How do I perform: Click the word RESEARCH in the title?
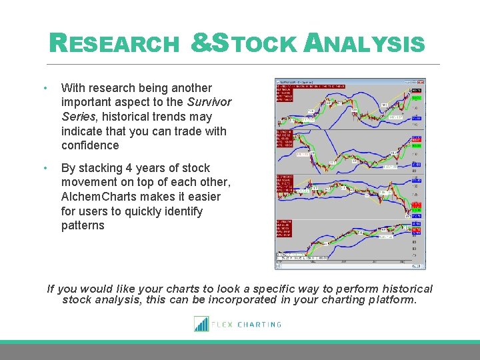pos(115,44)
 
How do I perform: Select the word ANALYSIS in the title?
pos(364,44)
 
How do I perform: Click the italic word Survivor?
pos(209,102)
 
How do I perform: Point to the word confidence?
pos(90,145)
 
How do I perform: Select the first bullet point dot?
pos(44,88)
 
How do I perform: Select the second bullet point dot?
pos(44,168)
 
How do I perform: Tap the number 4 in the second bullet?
pos(139,168)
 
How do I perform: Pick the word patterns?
pos(83,225)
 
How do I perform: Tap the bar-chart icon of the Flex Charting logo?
pos(201,324)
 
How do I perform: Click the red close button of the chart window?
pos(422,83)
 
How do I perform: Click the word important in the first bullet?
pos(87,102)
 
